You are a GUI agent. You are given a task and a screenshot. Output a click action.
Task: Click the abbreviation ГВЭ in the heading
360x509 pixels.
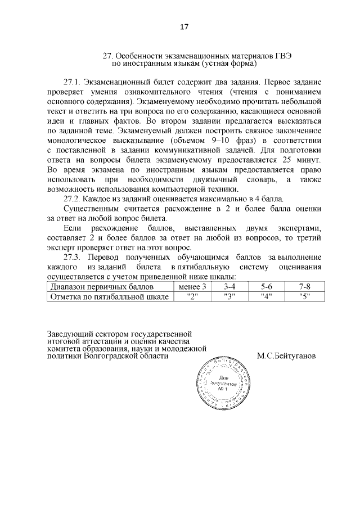(x=280, y=57)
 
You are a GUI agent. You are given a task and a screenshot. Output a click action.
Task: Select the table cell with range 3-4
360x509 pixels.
(x=229, y=287)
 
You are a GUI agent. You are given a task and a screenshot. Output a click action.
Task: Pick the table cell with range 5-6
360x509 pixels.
(x=267, y=287)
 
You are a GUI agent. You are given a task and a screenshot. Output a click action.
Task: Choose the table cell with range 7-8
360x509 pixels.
(x=304, y=287)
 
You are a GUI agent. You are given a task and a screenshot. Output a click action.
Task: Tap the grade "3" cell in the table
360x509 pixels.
(x=229, y=296)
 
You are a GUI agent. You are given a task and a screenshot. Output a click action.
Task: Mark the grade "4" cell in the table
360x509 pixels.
(x=267, y=296)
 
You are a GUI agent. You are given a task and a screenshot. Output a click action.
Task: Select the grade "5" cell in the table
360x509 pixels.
(x=304, y=296)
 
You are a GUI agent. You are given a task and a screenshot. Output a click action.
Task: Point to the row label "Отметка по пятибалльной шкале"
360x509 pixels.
(x=109, y=296)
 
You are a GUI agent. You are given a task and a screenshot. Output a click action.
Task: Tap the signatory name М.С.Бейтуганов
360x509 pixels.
(x=286, y=356)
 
